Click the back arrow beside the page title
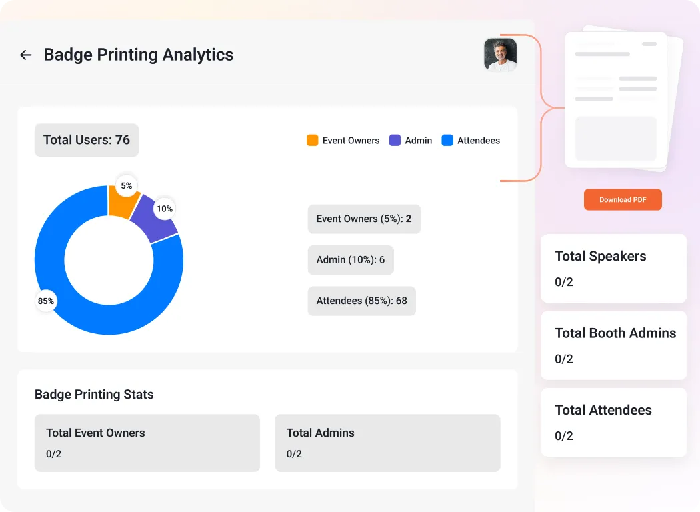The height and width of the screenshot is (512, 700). pyautogui.click(x=26, y=55)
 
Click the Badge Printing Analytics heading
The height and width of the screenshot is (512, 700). pyautogui.click(x=139, y=55)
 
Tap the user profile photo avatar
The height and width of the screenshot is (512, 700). pyautogui.click(x=500, y=55)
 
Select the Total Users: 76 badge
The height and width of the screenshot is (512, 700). pyautogui.click(x=87, y=140)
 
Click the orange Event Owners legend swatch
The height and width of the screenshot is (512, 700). pyautogui.click(x=312, y=141)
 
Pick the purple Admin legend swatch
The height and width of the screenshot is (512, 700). pyautogui.click(x=395, y=141)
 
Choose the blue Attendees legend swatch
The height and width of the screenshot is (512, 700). pyautogui.click(x=447, y=141)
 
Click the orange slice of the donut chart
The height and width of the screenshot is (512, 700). pyautogui.click(x=120, y=204)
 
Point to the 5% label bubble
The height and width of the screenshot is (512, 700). pyautogui.click(x=127, y=186)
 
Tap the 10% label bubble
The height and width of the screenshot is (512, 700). pyautogui.click(x=164, y=209)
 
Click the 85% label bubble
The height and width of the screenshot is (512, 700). pyautogui.click(x=46, y=301)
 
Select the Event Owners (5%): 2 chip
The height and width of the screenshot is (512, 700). pyautogui.click(x=364, y=219)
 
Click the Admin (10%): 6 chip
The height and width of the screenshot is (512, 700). pyautogui.click(x=351, y=260)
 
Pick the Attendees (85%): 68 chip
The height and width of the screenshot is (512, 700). pyautogui.click(x=361, y=301)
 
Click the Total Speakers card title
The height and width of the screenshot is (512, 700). pyautogui.click(x=600, y=257)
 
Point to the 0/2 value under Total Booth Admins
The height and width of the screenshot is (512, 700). pyautogui.click(x=564, y=359)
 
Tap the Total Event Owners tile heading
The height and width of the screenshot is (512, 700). pyautogui.click(x=95, y=433)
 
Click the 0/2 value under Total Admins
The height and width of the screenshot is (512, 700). pyautogui.click(x=294, y=454)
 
